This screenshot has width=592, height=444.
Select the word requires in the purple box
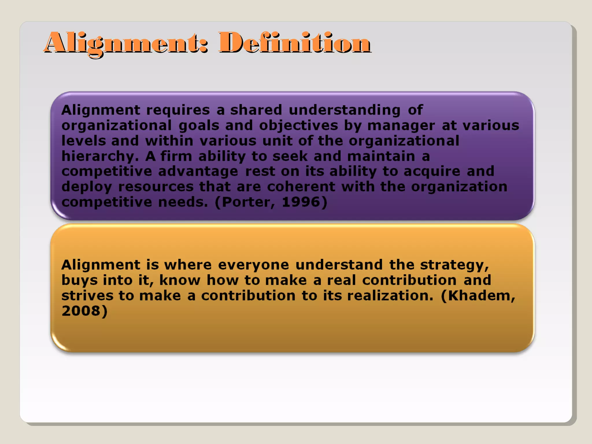coord(178,110)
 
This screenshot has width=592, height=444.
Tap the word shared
coord(256,110)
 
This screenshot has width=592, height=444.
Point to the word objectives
coord(298,126)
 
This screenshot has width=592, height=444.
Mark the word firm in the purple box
coord(176,156)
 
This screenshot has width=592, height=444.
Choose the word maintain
coord(381,156)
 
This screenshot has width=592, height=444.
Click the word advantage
coord(198,172)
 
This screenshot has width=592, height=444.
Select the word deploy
coord(86,187)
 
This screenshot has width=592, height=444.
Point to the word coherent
coord(301,187)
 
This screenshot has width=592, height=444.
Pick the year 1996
coord(301,202)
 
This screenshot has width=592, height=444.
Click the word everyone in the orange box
coord(253,265)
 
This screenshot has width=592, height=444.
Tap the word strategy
coord(454,265)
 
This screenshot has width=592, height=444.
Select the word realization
coord(390,296)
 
